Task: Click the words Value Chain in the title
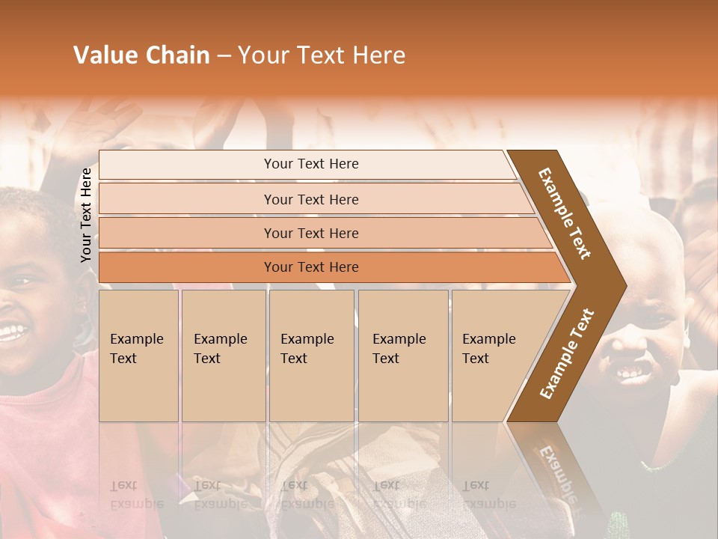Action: (x=141, y=55)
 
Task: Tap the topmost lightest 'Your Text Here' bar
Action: (x=311, y=164)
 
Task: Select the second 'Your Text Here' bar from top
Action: (x=311, y=199)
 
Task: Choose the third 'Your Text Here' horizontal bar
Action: (x=311, y=233)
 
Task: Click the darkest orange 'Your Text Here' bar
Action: (x=311, y=267)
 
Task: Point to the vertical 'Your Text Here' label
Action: (x=86, y=215)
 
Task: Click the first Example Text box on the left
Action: (x=138, y=355)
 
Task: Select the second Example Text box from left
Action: (x=222, y=355)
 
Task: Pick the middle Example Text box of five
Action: (x=310, y=355)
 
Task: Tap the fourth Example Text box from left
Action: (x=402, y=355)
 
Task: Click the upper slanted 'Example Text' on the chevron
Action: (x=565, y=213)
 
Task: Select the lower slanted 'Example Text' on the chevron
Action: (x=567, y=354)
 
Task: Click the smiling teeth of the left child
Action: (x=10, y=332)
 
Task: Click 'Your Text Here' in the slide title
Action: (x=322, y=55)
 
